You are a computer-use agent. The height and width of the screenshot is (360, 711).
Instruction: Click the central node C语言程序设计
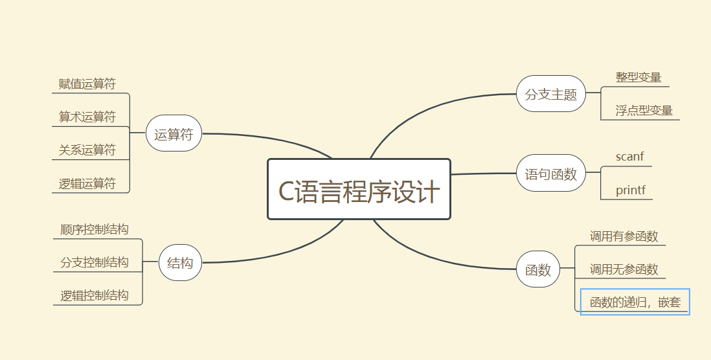[359, 190]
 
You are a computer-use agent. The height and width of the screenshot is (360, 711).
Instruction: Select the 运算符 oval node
[174, 134]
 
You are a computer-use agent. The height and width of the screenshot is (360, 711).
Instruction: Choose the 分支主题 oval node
[550, 94]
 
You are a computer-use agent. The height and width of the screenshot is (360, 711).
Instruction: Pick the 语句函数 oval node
[550, 174]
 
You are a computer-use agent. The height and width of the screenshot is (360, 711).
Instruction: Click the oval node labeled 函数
[537, 269]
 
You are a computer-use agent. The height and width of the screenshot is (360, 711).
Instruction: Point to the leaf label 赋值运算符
[87, 84]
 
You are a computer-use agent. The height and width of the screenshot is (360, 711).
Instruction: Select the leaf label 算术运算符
[87, 117]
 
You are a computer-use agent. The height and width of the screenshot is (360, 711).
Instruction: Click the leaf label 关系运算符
[87, 150]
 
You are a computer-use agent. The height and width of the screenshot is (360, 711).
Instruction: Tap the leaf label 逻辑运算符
[87, 184]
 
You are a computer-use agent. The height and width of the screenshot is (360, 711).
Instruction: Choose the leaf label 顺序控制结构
[95, 229]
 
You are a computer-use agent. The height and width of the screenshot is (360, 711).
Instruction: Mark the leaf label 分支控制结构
[95, 262]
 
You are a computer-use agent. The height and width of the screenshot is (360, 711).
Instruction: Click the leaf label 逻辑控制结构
[95, 296]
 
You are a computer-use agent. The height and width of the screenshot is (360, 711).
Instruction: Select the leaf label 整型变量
[638, 78]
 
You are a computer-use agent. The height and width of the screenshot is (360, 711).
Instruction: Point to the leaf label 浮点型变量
[644, 111]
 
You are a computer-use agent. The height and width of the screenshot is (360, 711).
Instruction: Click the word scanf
[629, 157]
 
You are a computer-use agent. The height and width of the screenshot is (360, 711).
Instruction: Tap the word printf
[630, 190]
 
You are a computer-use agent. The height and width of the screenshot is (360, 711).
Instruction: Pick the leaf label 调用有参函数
[624, 236]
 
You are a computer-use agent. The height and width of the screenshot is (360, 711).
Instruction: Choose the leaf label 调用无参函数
[624, 269]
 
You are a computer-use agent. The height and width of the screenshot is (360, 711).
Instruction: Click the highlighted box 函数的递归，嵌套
[635, 302]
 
